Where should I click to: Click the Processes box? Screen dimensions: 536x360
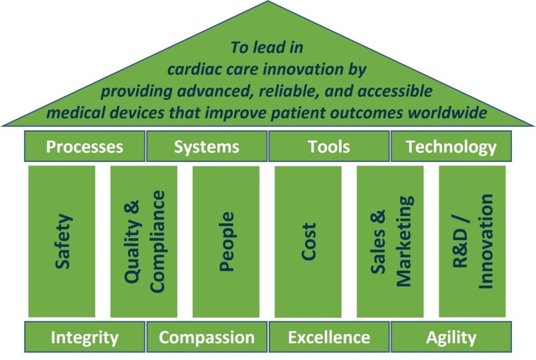(x=84, y=146)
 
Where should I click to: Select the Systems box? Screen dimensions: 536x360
(x=206, y=146)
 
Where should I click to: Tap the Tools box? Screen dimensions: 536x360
(x=329, y=146)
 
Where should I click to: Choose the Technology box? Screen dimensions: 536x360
(x=451, y=146)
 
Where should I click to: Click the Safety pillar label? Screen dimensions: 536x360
(x=63, y=241)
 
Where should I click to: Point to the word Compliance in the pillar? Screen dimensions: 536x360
(x=157, y=241)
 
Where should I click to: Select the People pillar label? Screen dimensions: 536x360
(x=226, y=241)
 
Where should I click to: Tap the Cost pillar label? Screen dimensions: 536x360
(x=308, y=241)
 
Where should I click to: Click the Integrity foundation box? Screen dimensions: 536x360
(x=84, y=337)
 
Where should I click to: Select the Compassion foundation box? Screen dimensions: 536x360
(x=206, y=337)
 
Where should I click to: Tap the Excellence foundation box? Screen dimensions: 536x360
(x=329, y=337)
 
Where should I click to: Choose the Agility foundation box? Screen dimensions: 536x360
(x=451, y=337)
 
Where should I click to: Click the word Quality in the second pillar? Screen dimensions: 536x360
(x=132, y=241)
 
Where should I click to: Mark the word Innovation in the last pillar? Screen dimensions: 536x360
(x=486, y=241)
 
